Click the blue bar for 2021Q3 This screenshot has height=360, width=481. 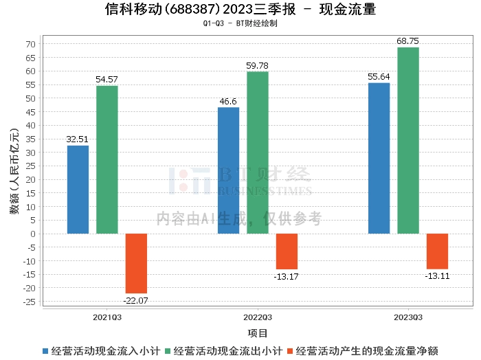coord(78,190)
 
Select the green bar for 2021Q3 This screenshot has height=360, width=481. coord(107,159)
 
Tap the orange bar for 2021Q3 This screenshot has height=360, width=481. coord(135,263)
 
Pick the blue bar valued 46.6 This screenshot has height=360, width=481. coord(228,170)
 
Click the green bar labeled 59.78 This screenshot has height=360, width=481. coord(258,153)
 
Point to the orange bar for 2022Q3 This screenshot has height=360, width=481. coord(287,251)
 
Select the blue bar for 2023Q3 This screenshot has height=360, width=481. coord(379,158)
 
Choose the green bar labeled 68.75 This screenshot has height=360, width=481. coord(408,140)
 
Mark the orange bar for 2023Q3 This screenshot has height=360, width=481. coord(437,251)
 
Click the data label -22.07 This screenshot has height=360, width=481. coord(135,300)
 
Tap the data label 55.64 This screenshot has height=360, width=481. coord(379,77)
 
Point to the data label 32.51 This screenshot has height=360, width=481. coord(78,139)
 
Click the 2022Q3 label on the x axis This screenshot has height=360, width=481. coord(258,317)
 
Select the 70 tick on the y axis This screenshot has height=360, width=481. coord(30,44)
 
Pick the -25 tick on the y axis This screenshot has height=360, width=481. coord(28,301)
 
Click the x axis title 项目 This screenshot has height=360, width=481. coord(258,333)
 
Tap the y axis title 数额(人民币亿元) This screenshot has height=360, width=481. coord(14,172)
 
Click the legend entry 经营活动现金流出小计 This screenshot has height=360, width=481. coord(227,350)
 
